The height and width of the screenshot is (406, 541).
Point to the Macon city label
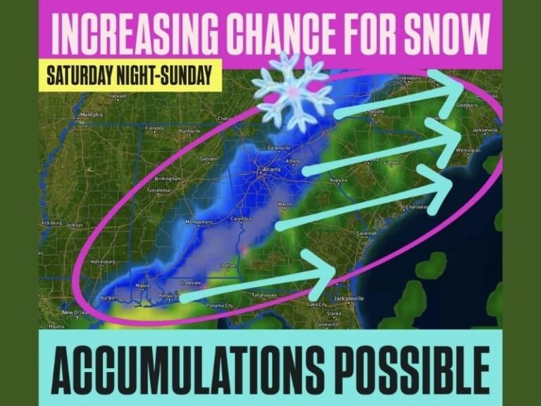[285, 204]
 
